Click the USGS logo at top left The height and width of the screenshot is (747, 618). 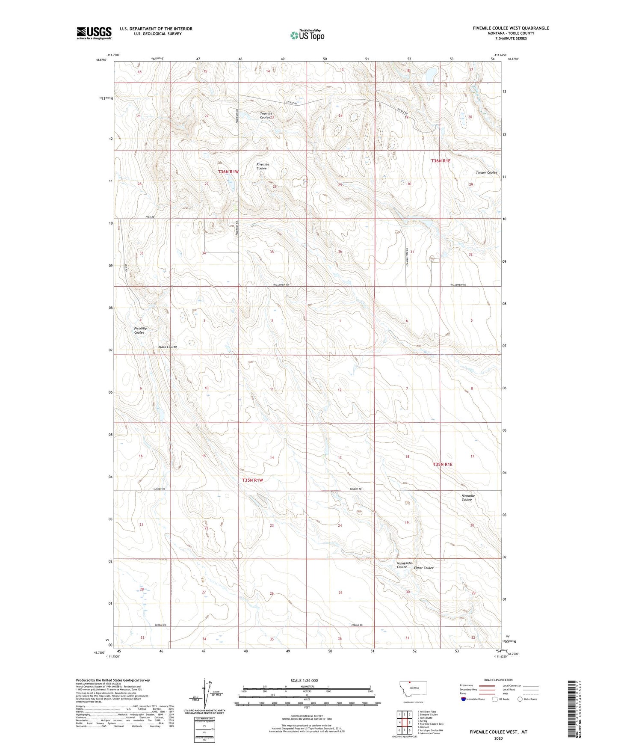pos(94,33)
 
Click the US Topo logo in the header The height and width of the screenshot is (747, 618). pos(307,35)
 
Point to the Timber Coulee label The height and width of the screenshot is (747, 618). pos(486,172)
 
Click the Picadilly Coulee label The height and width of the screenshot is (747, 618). pos(140,330)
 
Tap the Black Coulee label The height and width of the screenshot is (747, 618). pos(167,347)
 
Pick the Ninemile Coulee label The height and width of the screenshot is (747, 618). pos(468,498)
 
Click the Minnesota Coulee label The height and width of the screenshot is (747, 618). pos(404,565)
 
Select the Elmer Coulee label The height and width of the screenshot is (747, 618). pos(423,568)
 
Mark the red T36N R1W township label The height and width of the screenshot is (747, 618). pos(228,172)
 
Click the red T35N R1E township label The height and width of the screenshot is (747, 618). pos(442,464)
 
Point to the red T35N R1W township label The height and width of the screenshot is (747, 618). pos(253,480)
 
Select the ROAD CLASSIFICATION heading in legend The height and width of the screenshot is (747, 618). pos(498,680)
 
